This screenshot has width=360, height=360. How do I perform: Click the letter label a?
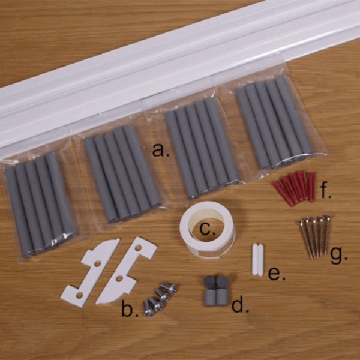160,151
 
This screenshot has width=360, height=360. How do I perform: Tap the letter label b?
127,310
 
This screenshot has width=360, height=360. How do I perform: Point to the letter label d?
239,306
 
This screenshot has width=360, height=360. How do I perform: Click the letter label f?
326,193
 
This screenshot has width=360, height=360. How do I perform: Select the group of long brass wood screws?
315,236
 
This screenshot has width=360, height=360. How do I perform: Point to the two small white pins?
257,259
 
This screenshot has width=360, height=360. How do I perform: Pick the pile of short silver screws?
159,298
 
